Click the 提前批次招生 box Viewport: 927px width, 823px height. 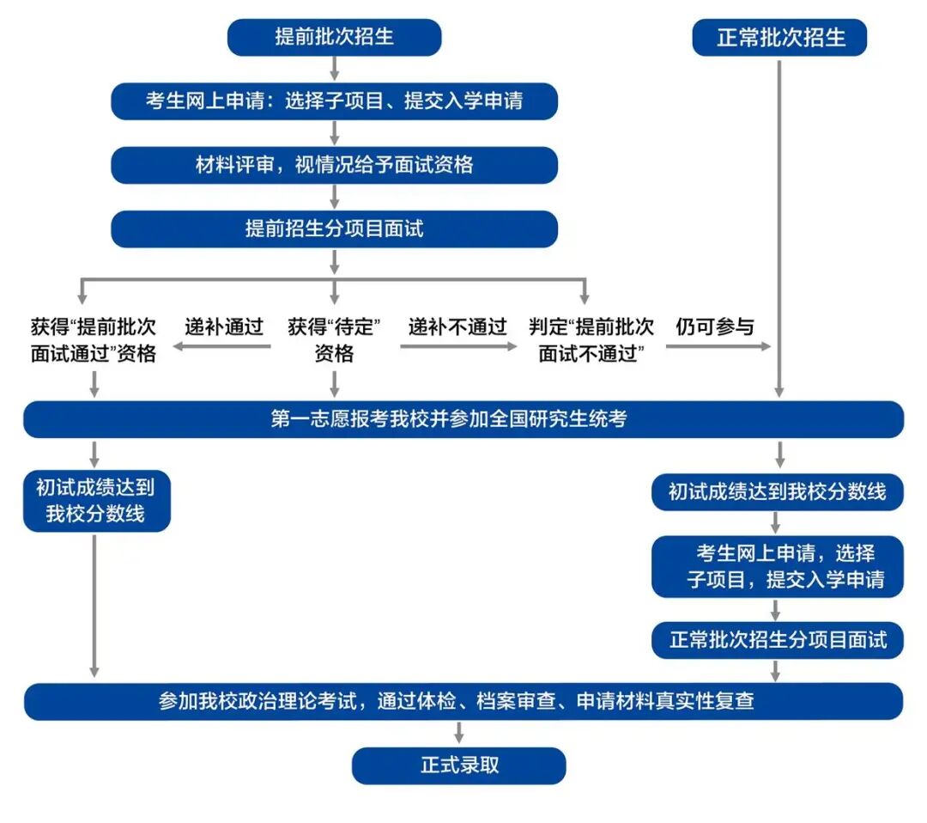[334, 38]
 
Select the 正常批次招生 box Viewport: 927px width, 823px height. [780, 38]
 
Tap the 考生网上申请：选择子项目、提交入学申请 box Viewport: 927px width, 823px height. [334, 101]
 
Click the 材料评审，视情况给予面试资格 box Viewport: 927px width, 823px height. [334, 165]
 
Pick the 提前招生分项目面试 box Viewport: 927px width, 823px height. [334, 229]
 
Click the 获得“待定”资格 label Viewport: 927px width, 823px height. [334, 340]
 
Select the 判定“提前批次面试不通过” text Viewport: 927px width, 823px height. [591, 340]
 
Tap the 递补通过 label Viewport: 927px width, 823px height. [224, 327]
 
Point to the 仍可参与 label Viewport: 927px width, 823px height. [714, 327]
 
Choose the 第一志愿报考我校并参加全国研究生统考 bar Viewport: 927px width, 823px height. [463, 419]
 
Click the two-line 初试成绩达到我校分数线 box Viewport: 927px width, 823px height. [96, 501]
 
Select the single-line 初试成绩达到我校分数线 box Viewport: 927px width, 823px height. [777, 492]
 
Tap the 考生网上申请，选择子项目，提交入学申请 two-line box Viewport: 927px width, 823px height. [777, 566]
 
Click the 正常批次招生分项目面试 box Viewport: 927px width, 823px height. [777, 640]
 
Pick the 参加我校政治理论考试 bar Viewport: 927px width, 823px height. [463, 701]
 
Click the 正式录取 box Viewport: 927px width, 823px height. [459, 765]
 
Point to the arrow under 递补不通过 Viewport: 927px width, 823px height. [459, 347]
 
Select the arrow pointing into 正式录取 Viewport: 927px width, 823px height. [459, 734]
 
